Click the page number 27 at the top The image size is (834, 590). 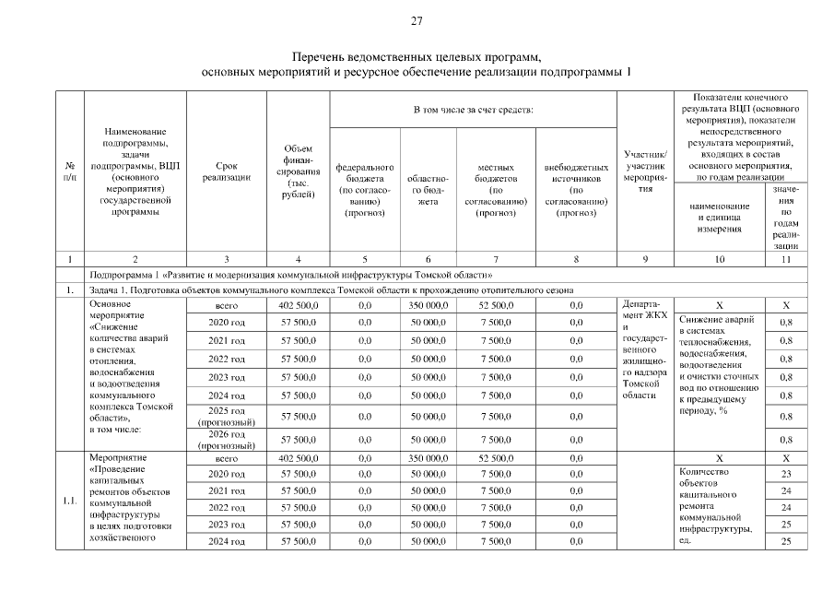pyautogui.click(x=417, y=21)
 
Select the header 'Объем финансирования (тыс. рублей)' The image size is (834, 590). pyautogui.click(x=297, y=172)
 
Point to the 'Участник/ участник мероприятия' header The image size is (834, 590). pyautogui.click(x=645, y=171)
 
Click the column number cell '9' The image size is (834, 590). pyautogui.click(x=645, y=258)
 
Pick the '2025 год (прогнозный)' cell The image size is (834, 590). pyautogui.click(x=226, y=416)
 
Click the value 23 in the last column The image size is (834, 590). pyautogui.click(x=785, y=474)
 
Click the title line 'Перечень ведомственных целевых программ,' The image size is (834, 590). pyautogui.click(x=417, y=57)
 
